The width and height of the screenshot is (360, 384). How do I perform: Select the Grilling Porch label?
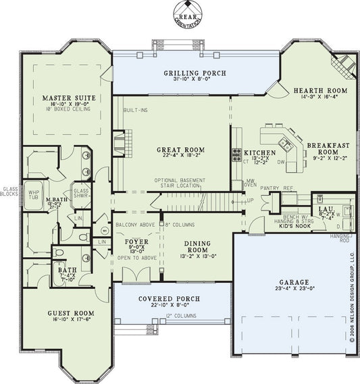point(195,73)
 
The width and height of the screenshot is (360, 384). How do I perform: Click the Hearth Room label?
point(319,90)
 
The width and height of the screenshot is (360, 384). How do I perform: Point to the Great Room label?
point(180,150)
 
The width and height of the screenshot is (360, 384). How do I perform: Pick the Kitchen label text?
point(259,153)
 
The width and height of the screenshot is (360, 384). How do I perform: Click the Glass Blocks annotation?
point(9,192)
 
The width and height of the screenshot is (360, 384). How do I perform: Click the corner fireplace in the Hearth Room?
point(341,65)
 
